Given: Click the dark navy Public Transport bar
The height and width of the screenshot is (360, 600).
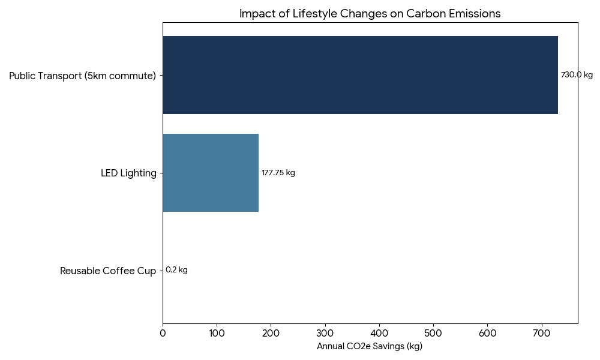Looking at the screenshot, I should (x=360, y=75).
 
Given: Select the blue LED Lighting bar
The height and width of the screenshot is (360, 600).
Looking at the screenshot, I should (x=211, y=173).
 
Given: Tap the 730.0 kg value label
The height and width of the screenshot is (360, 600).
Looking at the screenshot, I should (x=576, y=75).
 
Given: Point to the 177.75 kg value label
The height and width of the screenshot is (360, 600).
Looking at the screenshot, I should (x=278, y=173).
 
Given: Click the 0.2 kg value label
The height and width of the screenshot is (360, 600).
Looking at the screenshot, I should (x=176, y=270).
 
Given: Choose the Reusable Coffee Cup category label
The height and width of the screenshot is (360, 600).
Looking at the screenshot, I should (x=108, y=271).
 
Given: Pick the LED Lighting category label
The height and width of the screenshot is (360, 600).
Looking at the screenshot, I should (x=128, y=173).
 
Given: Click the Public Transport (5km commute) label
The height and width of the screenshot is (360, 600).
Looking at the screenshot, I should (x=82, y=76).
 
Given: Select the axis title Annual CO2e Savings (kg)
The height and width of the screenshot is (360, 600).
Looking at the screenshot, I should (x=370, y=346).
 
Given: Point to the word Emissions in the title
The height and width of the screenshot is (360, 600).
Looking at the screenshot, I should (x=475, y=14).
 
